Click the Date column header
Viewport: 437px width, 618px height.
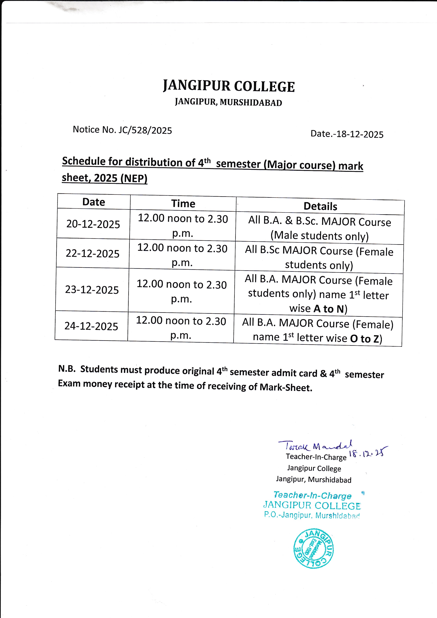pos(94,202)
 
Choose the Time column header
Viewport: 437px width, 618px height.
pos(183,204)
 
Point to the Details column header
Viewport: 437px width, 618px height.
pos(320,207)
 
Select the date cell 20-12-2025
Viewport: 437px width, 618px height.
pos(93,224)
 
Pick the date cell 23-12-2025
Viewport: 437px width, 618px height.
pos(92,290)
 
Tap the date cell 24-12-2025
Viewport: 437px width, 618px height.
pos(91,326)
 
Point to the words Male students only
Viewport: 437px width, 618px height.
pos(319,236)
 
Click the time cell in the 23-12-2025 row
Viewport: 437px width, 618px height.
pos(182,291)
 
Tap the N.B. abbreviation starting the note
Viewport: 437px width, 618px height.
pos(67,369)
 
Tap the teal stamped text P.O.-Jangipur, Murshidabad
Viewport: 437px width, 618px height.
pos(312,515)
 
